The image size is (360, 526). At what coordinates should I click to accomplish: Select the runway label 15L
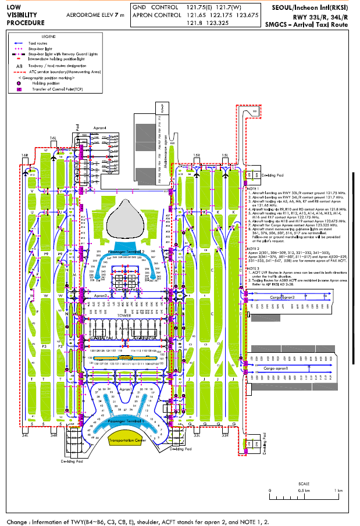(224, 155)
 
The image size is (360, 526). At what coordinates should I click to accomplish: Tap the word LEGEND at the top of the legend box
(49, 36)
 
